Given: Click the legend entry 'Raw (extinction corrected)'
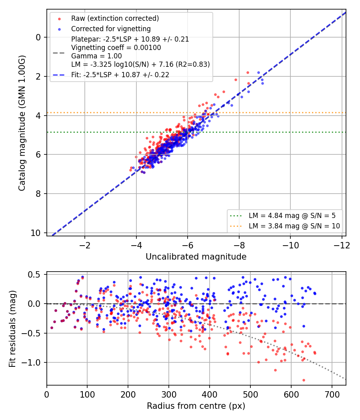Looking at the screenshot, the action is tap(115, 18).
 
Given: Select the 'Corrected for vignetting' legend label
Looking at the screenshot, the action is tap(111, 29).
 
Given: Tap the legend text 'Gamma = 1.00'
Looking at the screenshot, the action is tap(96, 56).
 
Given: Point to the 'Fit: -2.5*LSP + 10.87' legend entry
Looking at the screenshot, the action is tap(120, 75).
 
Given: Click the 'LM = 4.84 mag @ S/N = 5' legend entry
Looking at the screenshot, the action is tap(292, 216).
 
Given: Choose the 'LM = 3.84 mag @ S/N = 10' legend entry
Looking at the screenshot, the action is tap(294, 226).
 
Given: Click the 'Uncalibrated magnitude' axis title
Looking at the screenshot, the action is tap(196, 257).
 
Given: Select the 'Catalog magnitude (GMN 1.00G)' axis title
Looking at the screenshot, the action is tap(22, 123).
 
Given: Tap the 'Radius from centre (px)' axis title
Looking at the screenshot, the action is tap(196, 406).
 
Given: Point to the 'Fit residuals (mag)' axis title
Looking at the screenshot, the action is tap(12, 329).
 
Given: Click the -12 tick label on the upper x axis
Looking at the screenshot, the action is tap(342, 245).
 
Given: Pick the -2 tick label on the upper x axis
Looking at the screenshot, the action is tap(85, 245).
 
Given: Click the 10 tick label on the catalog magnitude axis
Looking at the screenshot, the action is tap(36, 233).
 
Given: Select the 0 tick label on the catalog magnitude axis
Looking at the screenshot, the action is tap(38, 37).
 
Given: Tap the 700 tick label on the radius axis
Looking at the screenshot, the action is tap(332, 394).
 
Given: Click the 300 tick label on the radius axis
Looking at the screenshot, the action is tap(169, 394).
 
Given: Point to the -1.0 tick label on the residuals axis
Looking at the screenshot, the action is tap(32, 362).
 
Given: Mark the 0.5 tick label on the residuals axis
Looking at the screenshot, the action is tap(35, 274).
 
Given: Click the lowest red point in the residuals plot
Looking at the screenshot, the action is tap(304, 380).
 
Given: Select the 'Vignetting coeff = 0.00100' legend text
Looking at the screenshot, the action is tap(116, 48).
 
